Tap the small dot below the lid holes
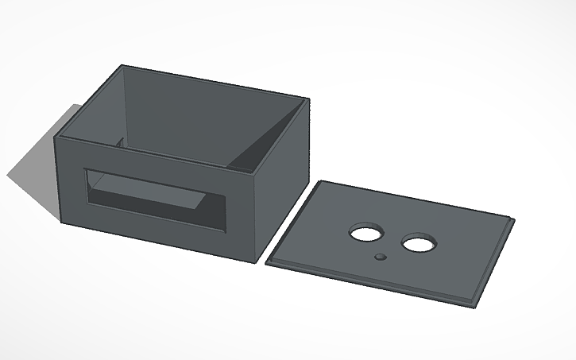(381, 257)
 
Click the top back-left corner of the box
(122, 66)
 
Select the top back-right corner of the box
(307, 99)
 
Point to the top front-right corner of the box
(260, 175)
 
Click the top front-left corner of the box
(56, 137)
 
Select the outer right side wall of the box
(283, 183)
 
